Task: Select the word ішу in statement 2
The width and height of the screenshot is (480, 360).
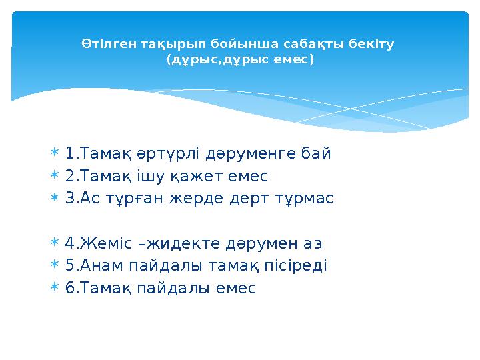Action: [143, 177]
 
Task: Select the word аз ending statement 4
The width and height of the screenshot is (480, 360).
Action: [313, 244]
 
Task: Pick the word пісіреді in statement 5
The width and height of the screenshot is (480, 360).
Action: [299, 266]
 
